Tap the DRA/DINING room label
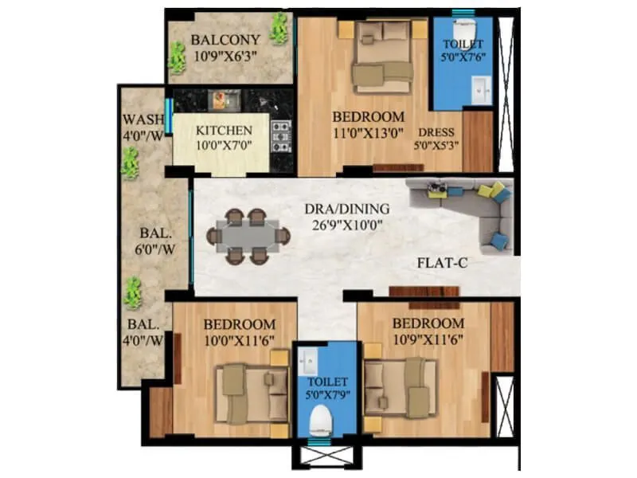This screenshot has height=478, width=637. click(x=346, y=209)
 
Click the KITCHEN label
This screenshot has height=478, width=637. click(x=225, y=130)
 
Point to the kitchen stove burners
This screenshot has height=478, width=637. click(x=280, y=135)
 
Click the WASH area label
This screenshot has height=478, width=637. click(x=143, y=120)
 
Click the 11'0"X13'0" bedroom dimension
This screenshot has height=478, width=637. click(x=368, y=133)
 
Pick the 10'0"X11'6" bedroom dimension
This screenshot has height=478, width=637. click(x=239, y=340)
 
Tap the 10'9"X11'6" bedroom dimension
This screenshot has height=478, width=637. click(x=428, y=339)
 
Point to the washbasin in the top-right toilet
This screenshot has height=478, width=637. click(x=481, y=89)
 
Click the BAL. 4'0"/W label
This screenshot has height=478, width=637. click(x=143, y=332)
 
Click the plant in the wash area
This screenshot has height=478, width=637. click(x=130, y=163)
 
